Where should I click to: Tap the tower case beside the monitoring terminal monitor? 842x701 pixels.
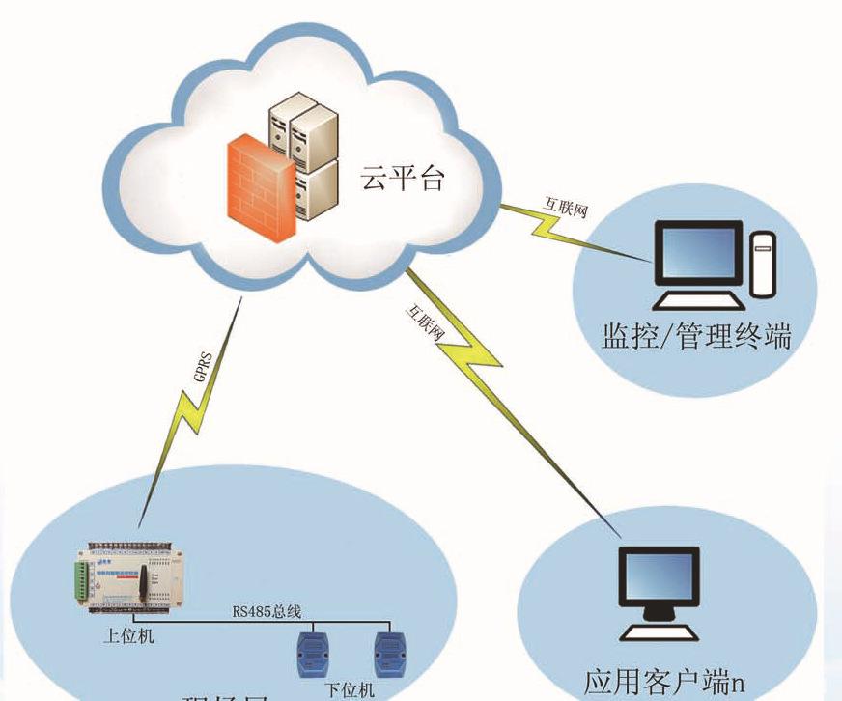pyautogui.click(x=765, y=265)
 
